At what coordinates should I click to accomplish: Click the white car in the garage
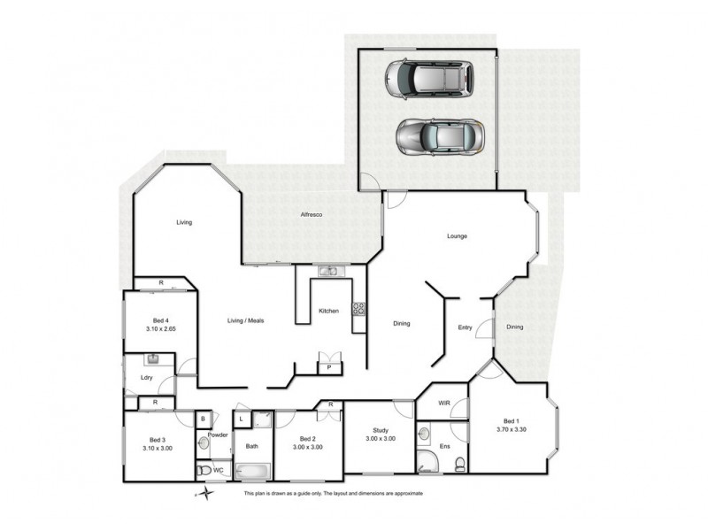coord(427,81)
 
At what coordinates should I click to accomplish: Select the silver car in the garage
coord(439,138)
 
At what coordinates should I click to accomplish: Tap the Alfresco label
coord(311,215)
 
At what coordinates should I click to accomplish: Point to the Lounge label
coord(457,236)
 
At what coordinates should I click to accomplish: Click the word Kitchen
coord(329,311)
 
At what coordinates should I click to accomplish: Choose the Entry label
coord(465,328)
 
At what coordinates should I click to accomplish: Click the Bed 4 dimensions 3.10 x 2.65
coord(147,328)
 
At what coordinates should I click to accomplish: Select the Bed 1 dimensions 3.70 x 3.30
coord(512,429)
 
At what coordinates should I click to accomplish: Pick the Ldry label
coord(147,379)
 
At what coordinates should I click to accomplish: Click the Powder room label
coord(218,435)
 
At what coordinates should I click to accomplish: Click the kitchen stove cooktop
coord(359,310)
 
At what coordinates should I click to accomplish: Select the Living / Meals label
coord(246,320)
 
